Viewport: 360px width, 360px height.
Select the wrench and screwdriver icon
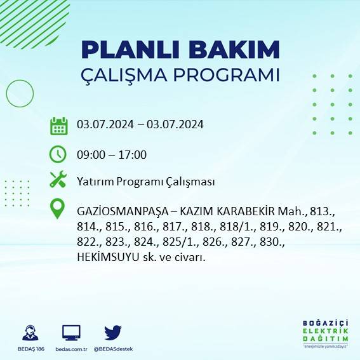click(58, 180)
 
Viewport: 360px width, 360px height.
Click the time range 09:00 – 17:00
click(112, 154)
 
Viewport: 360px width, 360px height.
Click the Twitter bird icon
click(113, 332)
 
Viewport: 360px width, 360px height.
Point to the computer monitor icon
click(71, 332)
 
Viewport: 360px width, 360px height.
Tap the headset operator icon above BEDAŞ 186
click(29, 332)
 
